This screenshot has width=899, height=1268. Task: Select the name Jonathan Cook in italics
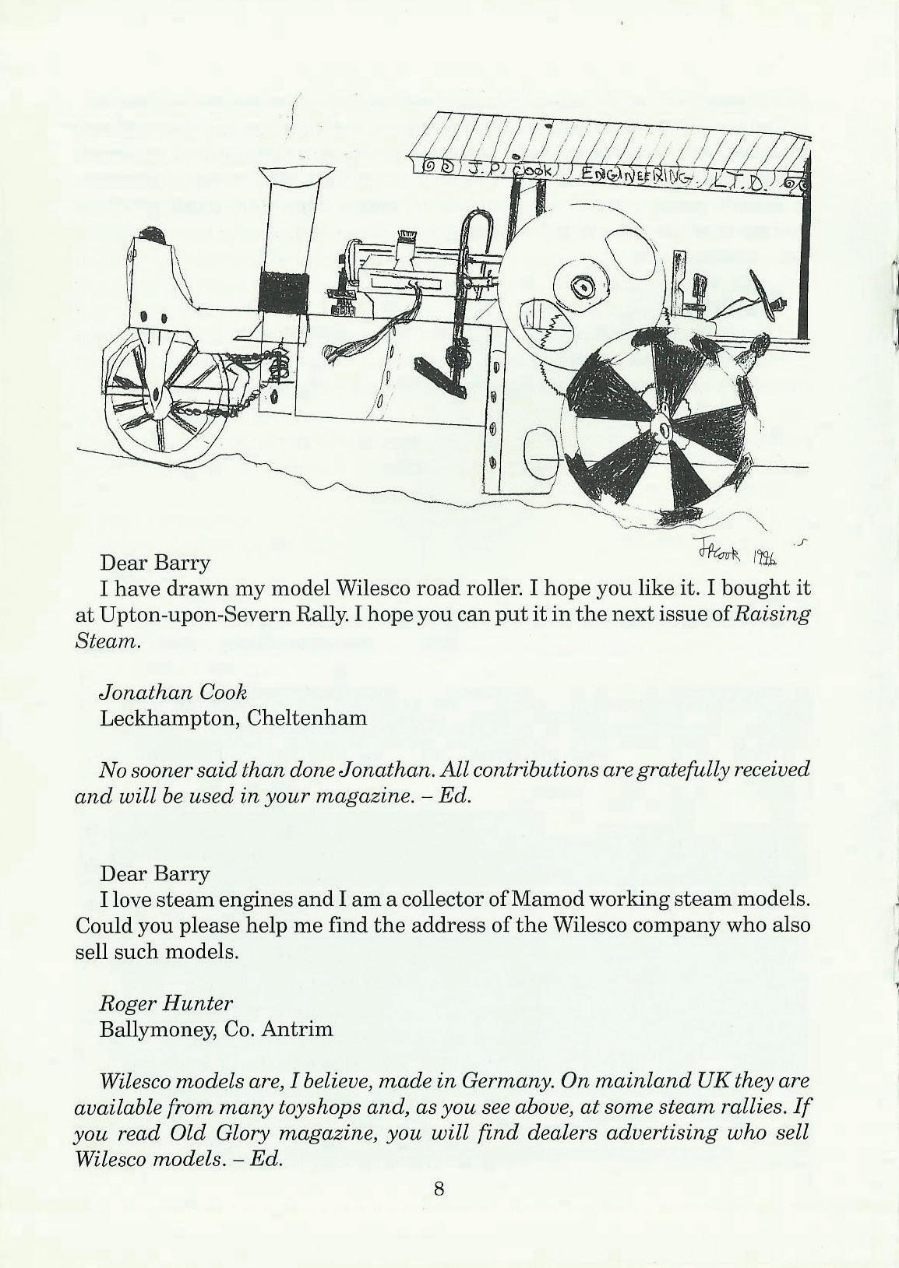click(x=173, y=691)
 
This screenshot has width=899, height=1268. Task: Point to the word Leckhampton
click(x=167, y=717)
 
